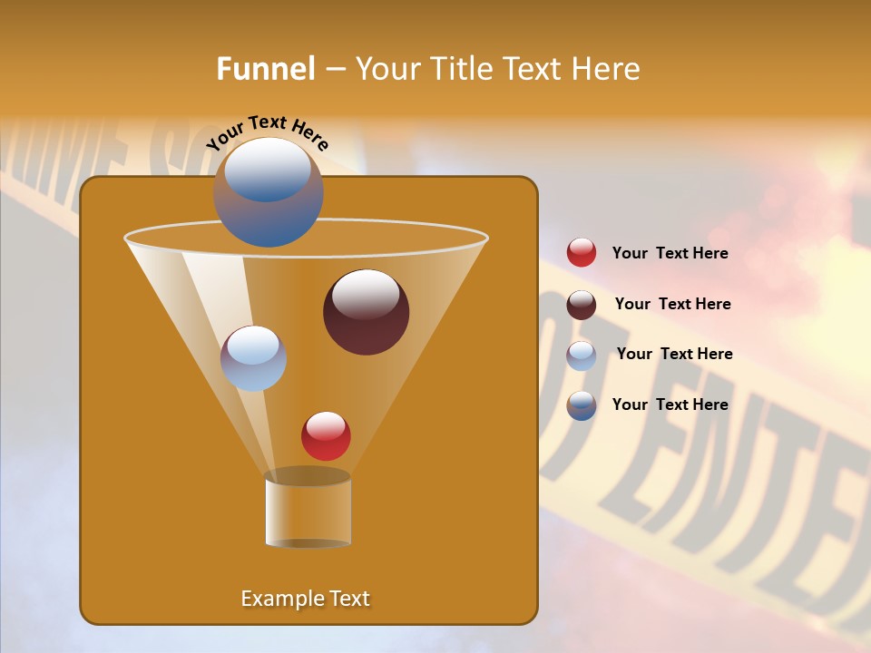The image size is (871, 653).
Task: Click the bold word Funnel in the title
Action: point(265,69)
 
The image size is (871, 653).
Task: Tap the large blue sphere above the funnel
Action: point(269,192)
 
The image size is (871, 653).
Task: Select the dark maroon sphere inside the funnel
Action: point(367,312)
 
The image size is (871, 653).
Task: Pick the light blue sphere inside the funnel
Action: point(254,358)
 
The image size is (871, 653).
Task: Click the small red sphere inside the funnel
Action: point(326,435)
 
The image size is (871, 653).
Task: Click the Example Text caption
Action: point(305,599)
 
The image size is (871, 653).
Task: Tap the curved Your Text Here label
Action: point(268,132)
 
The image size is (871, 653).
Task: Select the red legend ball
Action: point(582,253)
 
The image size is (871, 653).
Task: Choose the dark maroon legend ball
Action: point(582,305)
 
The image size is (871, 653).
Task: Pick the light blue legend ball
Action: point(582,356)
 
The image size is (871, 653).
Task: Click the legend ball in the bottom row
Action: point(582,405)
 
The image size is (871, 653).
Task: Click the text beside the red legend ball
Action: point(670,254)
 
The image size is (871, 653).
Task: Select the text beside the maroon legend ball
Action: point(672,305)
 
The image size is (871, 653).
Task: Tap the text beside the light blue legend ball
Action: point(674,355)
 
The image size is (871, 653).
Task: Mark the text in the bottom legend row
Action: point(670,404)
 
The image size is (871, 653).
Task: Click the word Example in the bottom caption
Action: point(277,599)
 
